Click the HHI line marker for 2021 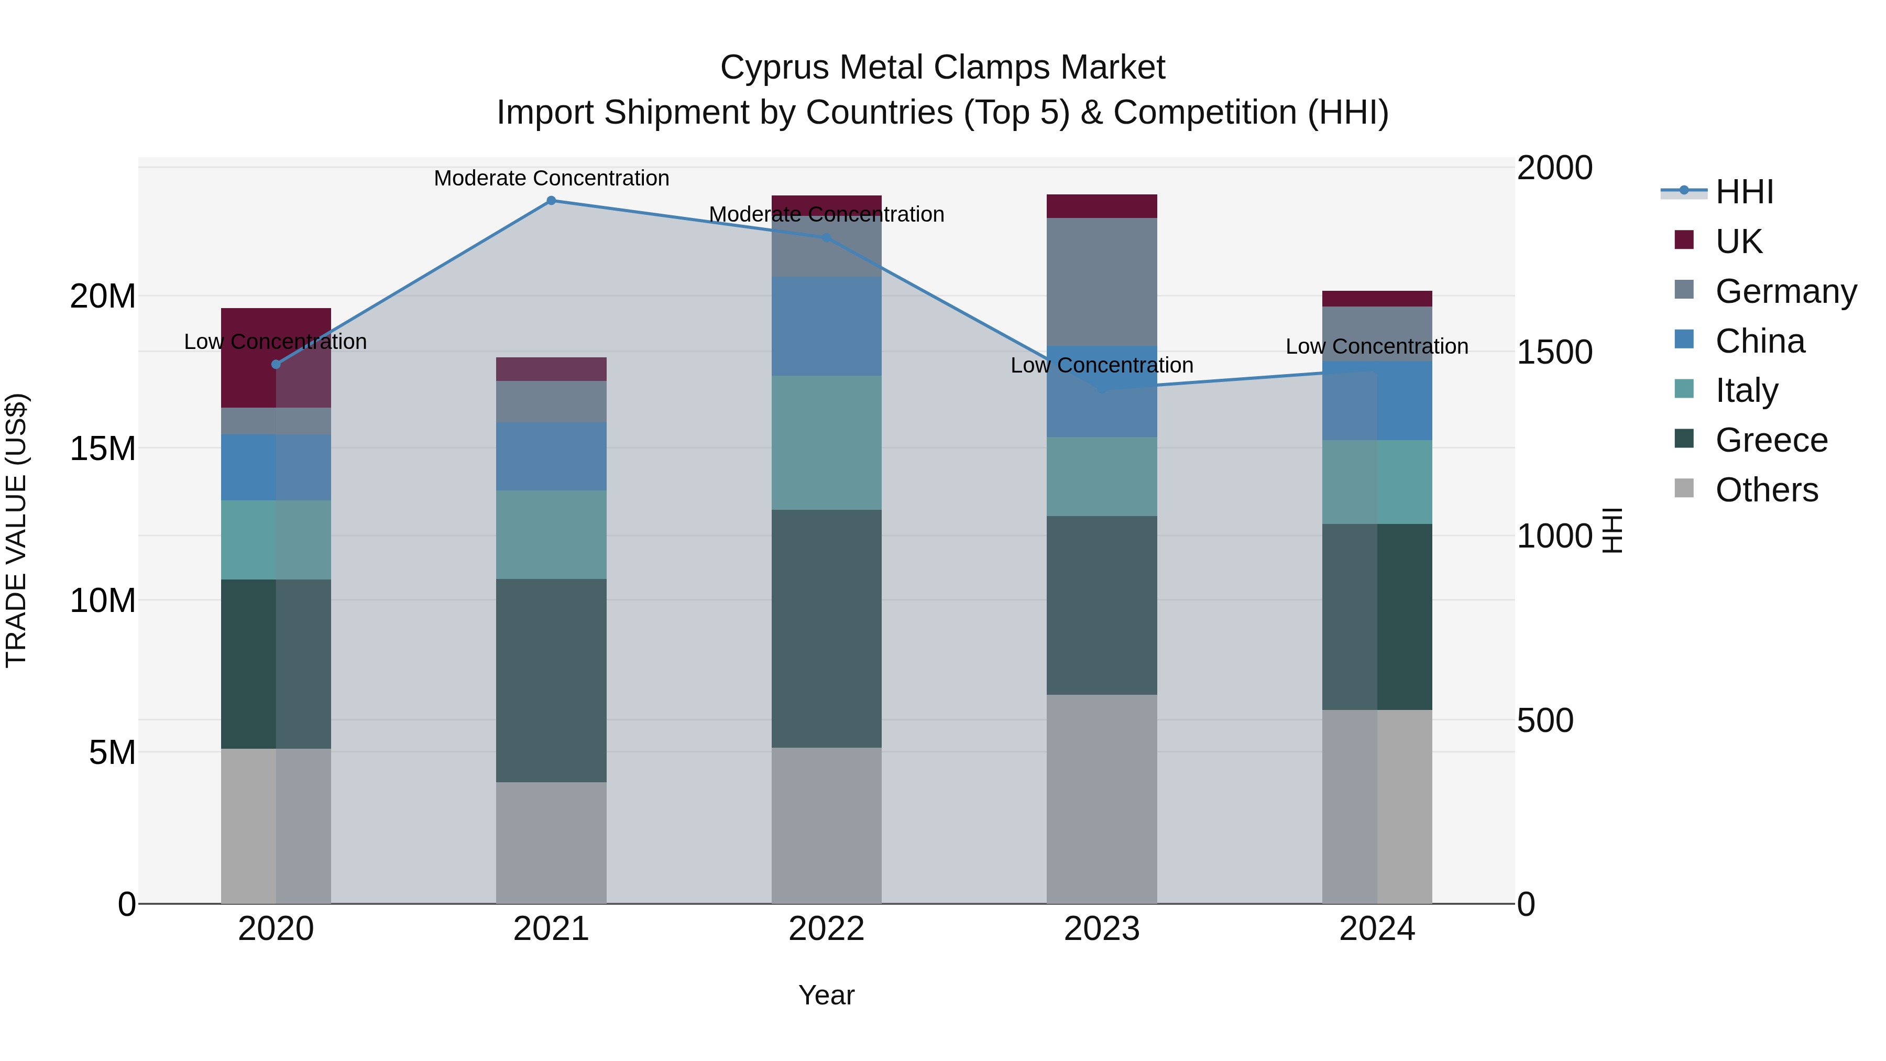pos(551,201)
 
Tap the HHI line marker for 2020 pos(276,365)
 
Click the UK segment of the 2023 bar pos(1101,206)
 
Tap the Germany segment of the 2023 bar pos(1101,281)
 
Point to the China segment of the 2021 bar pos(551,456)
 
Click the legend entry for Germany pos(1786,291)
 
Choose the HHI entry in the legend pos(1744,192)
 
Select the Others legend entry pos(1766,490)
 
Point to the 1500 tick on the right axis pos(1554,352)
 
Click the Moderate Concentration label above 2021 pos(551,178)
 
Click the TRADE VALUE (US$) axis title pos(16,530)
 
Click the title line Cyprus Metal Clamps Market pos(942,68)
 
